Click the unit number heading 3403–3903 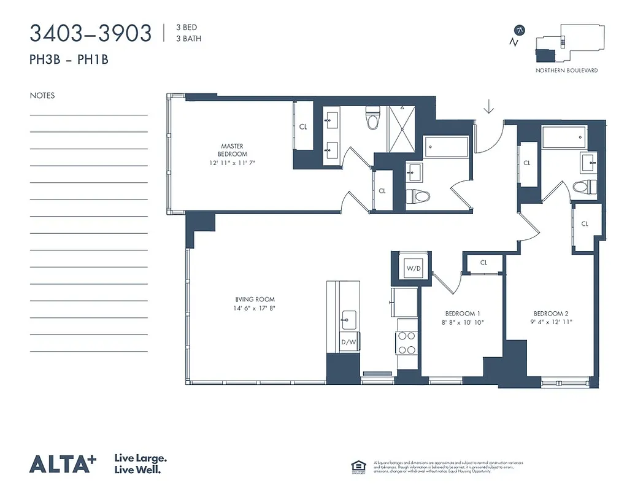90,33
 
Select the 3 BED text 186,28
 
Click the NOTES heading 42,96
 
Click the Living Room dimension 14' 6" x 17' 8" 250,308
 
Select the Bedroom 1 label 462,313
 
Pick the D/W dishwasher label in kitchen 347,342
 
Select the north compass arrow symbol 520,29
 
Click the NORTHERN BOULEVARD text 566,71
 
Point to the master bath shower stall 401,130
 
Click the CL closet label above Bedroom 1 483,263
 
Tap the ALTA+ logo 63,464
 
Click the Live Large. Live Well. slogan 140,464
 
